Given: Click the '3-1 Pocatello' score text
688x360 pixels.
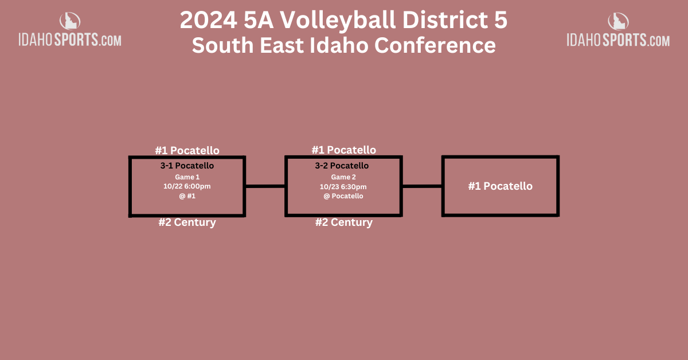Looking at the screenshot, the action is [x=187, y=166].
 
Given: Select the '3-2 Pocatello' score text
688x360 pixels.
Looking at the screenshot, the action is [x=342, y=166].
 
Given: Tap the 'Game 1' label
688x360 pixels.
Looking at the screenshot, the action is [x=187, y=177].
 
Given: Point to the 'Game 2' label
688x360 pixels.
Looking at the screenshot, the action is [x=343, y=177].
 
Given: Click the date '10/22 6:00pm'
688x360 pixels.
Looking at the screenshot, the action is [x=187, y=186].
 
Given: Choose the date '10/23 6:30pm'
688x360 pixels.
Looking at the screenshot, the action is [x=343, y=187].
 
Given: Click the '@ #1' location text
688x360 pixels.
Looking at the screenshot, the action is [x=187, y=196].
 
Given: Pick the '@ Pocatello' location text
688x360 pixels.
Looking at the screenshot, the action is [x=343, y=196].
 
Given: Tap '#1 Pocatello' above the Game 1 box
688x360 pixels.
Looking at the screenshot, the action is [x=187, y=151].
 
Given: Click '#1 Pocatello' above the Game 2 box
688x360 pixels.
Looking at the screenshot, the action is [x=343, y=150].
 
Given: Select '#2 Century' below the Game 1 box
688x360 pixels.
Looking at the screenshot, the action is [x=187, y=222].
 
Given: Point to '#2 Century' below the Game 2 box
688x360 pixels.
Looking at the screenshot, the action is [x=343, y=222].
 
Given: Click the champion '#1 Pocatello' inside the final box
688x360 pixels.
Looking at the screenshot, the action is [x=501, y=186].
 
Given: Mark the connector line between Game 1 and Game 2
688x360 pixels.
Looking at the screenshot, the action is [x=265, y=186].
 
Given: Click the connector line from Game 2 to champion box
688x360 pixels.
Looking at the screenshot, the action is [x=422, y=186].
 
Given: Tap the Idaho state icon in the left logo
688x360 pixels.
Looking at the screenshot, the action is [x=70, y=21].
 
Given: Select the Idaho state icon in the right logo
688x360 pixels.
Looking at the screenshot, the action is [x=618, y=21].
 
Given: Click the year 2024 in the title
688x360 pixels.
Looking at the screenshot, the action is [x=209, y=20].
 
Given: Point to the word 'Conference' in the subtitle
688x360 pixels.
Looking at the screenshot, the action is [x=435, y=45].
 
